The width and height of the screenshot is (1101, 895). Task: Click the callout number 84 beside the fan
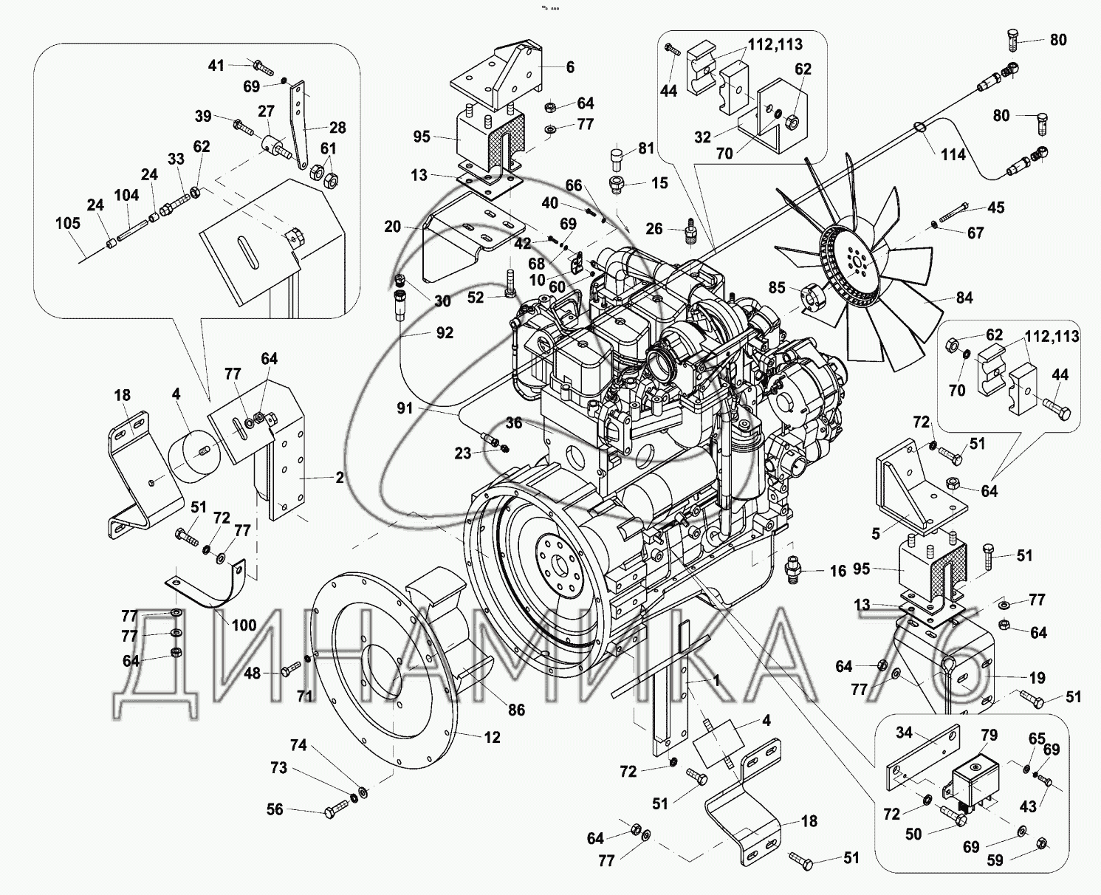pyautogui.click(x=964, y=298)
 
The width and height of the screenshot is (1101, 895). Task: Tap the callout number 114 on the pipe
pyautogui.click(x=953, y=155)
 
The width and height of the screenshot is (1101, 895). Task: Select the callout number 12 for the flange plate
pyautogui.click(x=492, y=737)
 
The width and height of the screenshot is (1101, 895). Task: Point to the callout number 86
pyautogui.click(x=516, y=710)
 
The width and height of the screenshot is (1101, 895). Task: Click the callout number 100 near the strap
pyautogui.click(x=244, y=625)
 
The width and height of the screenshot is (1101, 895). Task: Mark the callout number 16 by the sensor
pyautogui.click(x=837, y=571)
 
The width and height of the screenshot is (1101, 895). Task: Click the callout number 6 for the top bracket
pyautogui.click(x=570, y=67)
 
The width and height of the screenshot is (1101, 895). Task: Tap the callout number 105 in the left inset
pyautogui.click(x=67, y=222)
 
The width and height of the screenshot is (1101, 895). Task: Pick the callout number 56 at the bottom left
pyautogui.click(x=275, y=810)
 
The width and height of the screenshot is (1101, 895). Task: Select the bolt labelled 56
pyautogui.click(x=336, y=809)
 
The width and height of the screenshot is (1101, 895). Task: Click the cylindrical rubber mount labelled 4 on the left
pyautogui.click(x=191, y=459)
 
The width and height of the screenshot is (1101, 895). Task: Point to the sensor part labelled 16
pyautogui.click(x=794, y=570)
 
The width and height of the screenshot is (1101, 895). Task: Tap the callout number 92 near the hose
pyautogui.click(x=445, y=333)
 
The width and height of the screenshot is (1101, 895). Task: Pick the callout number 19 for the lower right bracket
pyautogui.click(x=1037, y=677)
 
